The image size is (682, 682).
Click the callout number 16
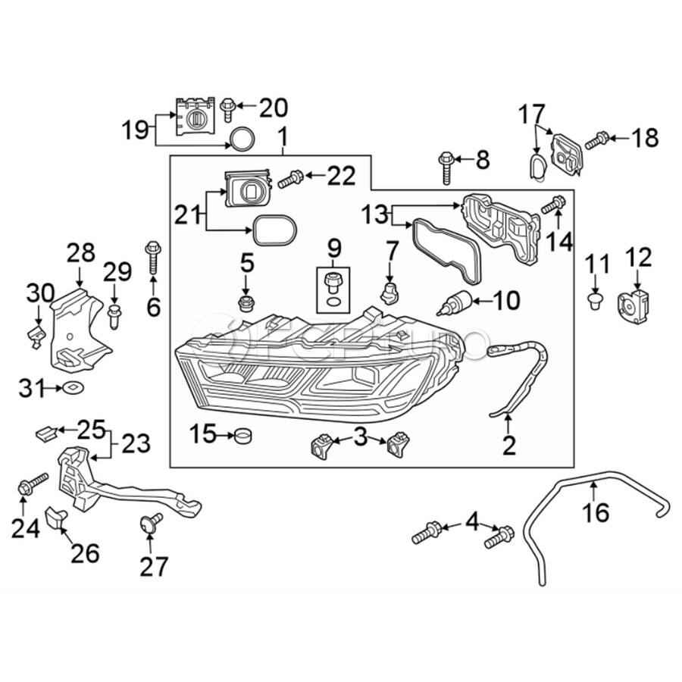pos(596,513)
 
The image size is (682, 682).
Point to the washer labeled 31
pos(74,389)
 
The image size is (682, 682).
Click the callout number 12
pos(639,258)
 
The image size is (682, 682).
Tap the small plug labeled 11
pos(596,302)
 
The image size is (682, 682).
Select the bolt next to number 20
pos(227,109)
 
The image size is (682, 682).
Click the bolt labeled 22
pos(290,180)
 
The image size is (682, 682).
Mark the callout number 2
pos(508,445)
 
